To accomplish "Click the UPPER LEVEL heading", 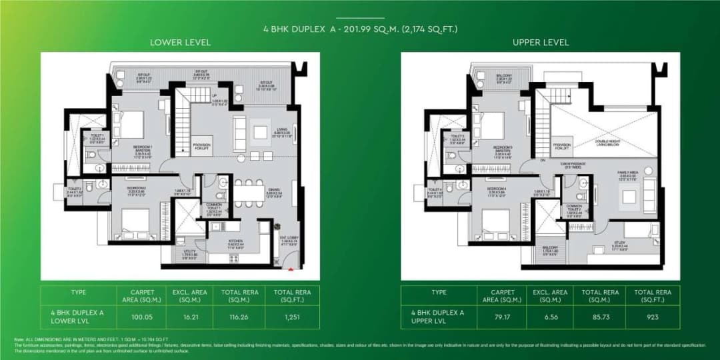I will [x=541, y=42].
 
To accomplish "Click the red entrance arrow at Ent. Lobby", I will [x=291, y=269].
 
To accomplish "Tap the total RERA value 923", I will [x=653, y=318].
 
